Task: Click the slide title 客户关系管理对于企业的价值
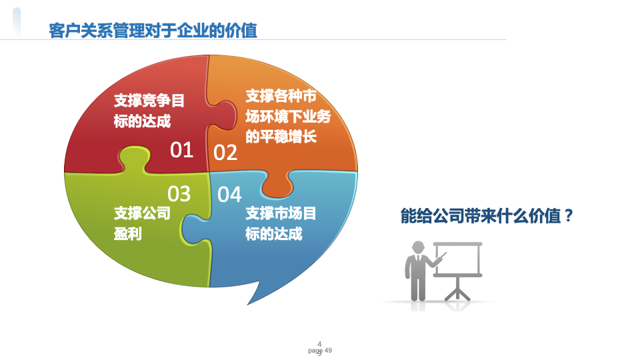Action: coord(153,31)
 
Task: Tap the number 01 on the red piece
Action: coord(181,150)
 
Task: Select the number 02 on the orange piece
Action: coord(225,153)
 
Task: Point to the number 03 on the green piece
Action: coord(179,194)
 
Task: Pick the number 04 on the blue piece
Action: coord(229,195)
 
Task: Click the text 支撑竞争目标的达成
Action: coord(149,111)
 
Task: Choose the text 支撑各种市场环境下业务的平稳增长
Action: coord(288,116)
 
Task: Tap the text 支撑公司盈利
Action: coord(142,223)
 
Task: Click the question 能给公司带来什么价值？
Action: coord(487,215)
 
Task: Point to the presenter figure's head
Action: coord(418,247)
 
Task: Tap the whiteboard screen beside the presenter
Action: coord(457,259)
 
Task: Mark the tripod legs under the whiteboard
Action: coord(457,290)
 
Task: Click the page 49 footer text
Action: coord(320,351)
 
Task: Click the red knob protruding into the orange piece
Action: coord(223,115)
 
